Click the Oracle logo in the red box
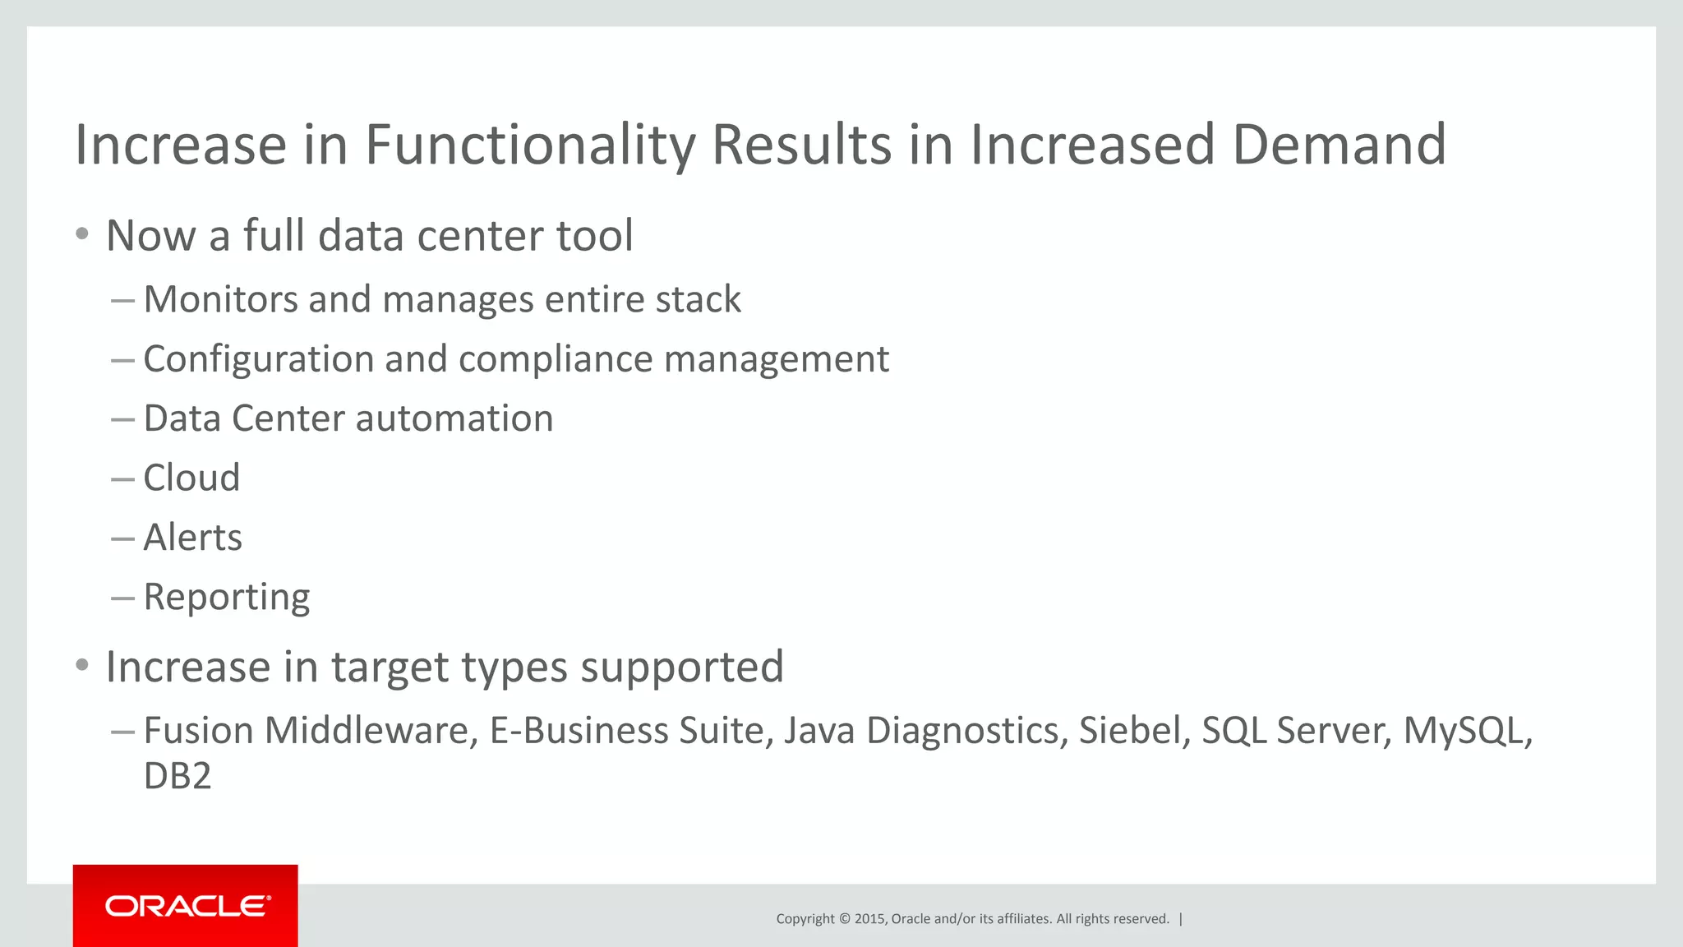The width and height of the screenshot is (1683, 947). pyautogui.click(x=187, y=906)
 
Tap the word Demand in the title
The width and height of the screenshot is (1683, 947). pyautogui.click(x=1339, y=146)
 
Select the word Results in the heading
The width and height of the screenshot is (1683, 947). pyautogui.click(x=801, y=146)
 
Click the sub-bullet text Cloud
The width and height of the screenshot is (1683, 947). pyautogui.click(x=191, y=478)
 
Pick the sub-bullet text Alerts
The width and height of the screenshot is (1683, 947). pyautogui.click(x=192, y=538)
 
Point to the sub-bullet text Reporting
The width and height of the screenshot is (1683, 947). pyautogui.click(x=227, y=598)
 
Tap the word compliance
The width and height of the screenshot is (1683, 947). pyautogui.click(x=555, y=360)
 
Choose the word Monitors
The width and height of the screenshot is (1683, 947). pyautogui.click(x=220, y=299)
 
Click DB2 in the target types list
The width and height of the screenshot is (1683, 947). pyautogui.click(x=178, y=776)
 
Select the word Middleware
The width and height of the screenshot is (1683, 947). pyautogui.click(x=371, y=731)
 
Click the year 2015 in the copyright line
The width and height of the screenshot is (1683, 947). pyautogui.click(x=870, y=919)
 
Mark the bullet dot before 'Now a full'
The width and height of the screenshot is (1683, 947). pyautogui.click(x=81, y=234)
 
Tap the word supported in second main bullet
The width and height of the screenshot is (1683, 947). pyautogui.click(x=681, y=668)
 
